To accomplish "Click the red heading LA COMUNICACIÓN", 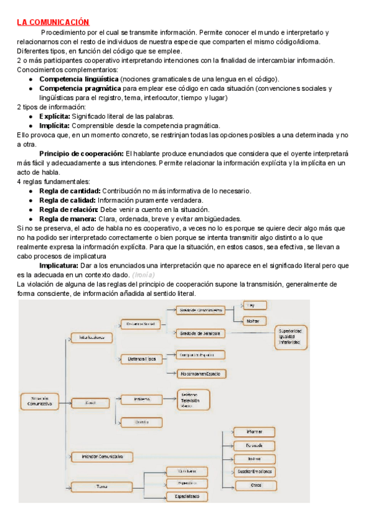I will click(x=53, y=22).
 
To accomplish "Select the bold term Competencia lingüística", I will click(x=79, y=79).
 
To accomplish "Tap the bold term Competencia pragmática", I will click(x=80, y=88).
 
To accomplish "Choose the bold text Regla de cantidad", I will click(x=69, y=191).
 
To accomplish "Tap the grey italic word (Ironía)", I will click(x=143, y=274).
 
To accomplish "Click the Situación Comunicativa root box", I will click(x=40, y=400).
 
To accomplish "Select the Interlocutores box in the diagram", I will click(x=92, y=337).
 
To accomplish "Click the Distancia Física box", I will click(x=141, y=358).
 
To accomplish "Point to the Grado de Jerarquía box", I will click(x=202, y=332).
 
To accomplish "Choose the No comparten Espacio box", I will click(x=202, y=373).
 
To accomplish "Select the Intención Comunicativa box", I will click(x=102, y=456).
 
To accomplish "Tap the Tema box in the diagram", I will click(x=102, y=487).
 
